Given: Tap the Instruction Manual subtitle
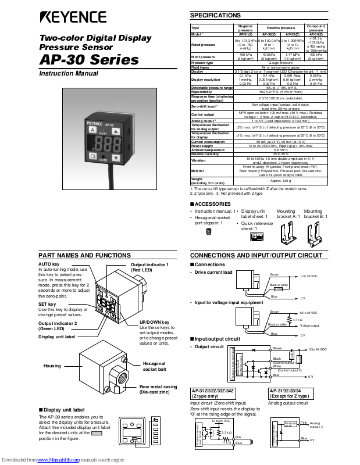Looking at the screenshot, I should click(68, 74).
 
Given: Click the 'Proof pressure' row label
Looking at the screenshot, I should click(203, 57).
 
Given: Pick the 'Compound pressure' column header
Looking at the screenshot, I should click(316, 28).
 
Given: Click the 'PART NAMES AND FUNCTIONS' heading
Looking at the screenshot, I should click(84, 255).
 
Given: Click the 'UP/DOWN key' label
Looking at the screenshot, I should click(155, 322).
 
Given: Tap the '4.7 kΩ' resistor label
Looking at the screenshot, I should click(297, 320).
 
